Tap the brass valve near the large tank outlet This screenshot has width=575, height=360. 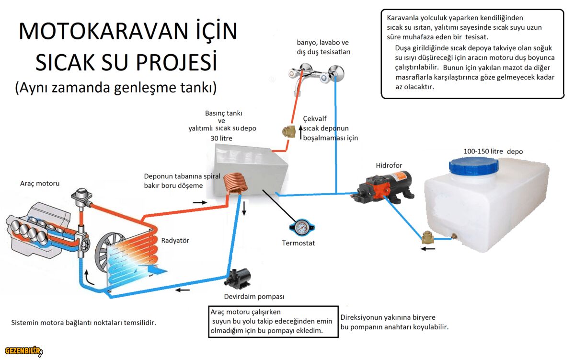click(427, 238)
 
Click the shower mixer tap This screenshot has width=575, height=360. click(316, 73)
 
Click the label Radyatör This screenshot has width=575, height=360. click(175, 241)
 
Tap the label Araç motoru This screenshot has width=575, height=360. click(40, 184)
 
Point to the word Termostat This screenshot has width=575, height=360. click(298, 243)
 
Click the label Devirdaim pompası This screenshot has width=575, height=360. click(254, 296)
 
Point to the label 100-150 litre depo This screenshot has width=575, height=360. click(493, 151)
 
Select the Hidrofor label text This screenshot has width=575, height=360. click(389, 166)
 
